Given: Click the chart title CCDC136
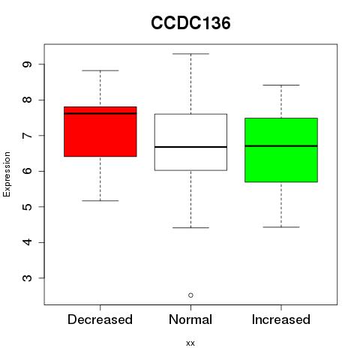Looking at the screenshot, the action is pos(190,23).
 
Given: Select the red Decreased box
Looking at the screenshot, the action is pos(100,131).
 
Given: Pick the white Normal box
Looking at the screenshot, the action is pos(190,142).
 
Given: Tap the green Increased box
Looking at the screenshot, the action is pos(281,150).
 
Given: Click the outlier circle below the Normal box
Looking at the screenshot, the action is pos(190,295).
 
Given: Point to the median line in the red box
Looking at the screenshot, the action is pos(100,113).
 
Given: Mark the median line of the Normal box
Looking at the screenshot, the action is pos(190,147).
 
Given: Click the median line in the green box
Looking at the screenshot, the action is pos(281,145).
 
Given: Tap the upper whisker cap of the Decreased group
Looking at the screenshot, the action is pos(100,70).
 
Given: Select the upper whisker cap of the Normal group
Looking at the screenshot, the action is pos(190,53).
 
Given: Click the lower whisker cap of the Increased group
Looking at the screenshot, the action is pos(281,227).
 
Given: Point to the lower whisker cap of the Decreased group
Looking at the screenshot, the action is pos(100,200).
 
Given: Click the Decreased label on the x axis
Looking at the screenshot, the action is pos(100,319).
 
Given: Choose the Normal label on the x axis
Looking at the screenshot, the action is pos(190,319).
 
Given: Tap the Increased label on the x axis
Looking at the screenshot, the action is pos(281,319).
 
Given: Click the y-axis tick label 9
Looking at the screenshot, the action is pos(27,64).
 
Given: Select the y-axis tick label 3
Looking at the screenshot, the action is pos(27,278).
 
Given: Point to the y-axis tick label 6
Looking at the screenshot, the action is pos(27,171).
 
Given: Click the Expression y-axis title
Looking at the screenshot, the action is pos(7,174).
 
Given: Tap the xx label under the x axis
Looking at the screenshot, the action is pos(190,343).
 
